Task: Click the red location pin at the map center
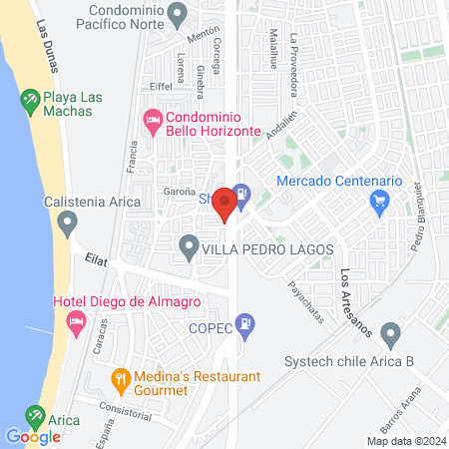224,205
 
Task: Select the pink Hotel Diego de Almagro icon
74,320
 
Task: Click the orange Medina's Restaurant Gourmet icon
121,378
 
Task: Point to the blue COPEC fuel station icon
247,325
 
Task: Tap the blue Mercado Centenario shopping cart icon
379,204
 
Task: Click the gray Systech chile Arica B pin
391,333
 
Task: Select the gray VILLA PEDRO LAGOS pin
188,245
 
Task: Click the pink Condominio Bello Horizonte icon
153,119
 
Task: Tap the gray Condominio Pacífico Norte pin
179,15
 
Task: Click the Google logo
33,436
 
